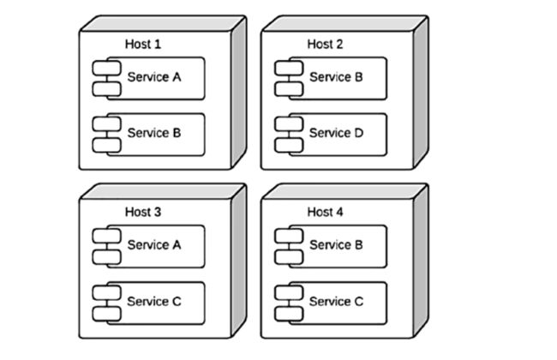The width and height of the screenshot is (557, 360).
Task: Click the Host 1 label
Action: point(143,44)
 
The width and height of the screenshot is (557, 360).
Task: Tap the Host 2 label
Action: point(325,44)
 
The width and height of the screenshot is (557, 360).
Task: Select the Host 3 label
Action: point(143,212)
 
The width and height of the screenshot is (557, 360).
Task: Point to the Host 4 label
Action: point(325,212)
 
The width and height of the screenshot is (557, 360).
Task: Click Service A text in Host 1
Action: point(154,77)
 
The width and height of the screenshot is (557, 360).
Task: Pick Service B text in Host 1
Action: point(154,133)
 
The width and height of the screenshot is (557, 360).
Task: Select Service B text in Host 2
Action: point(336,77)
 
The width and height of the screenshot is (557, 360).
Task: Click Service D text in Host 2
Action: point(336,133)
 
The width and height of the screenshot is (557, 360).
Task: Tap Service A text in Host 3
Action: point(154,244)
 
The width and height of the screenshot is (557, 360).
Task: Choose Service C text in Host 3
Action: point(154,302)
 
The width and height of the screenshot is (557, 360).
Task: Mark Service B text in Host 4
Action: point(336,244)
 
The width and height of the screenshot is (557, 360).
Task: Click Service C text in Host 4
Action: point(336,302)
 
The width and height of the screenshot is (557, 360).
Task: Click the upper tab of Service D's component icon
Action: point(289,124)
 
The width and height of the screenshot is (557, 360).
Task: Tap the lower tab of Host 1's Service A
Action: point(106,89)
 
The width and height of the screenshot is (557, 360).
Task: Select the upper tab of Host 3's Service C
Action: point(106,292)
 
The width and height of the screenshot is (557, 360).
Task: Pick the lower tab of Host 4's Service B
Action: point(289,257)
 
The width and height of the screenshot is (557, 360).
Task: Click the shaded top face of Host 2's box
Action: point(345,23)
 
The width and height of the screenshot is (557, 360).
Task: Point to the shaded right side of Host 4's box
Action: point(421,261)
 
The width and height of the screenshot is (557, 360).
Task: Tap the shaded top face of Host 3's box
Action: point(163,191)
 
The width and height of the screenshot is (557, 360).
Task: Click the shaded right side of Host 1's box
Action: point(239,93)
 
